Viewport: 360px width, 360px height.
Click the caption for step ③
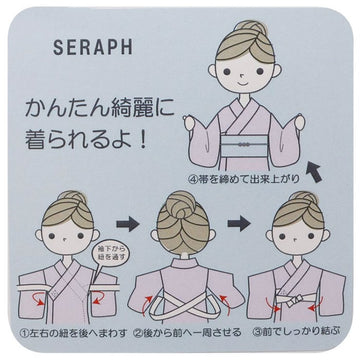pos(298,330)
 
